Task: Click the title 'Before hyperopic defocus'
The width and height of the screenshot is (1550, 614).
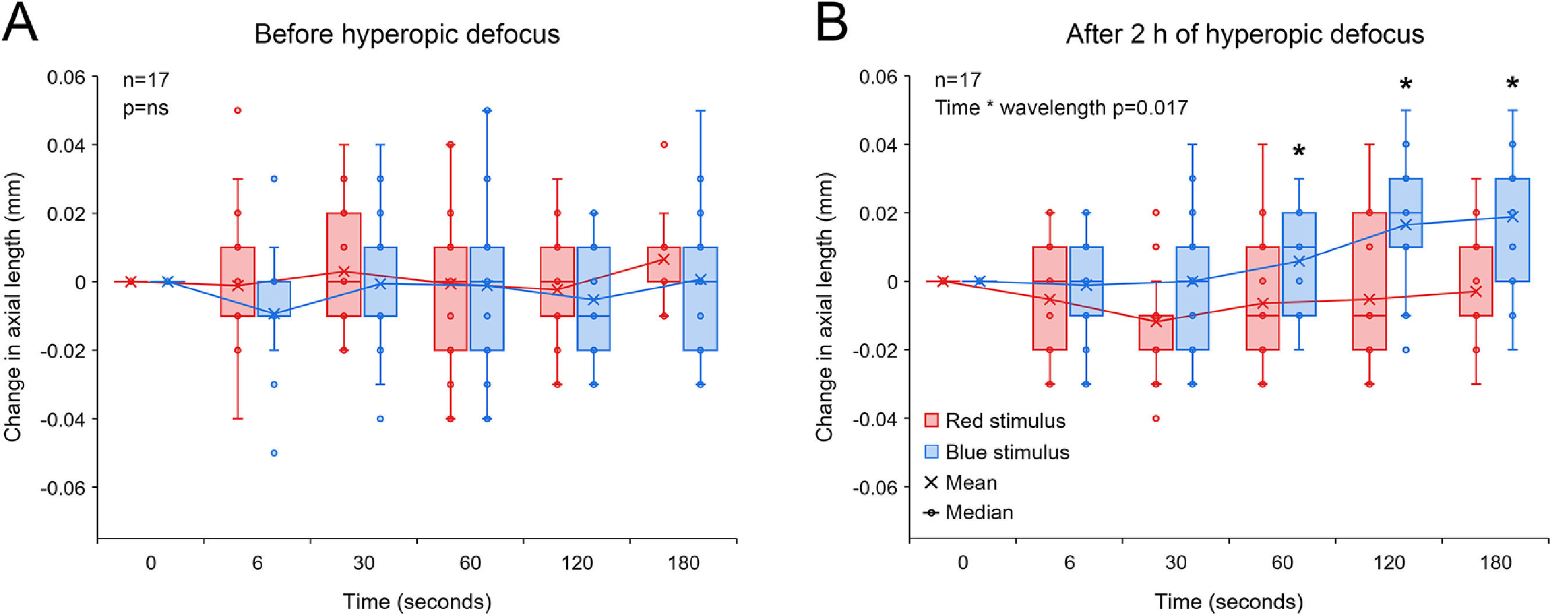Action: click(x=407, y=34)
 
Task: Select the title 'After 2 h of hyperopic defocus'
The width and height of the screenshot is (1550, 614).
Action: click(x=1244, y=34)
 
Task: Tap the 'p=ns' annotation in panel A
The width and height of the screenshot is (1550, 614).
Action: click(x=146, y=108)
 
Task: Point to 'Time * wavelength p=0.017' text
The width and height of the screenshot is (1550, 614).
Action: click(x=1061, y=108)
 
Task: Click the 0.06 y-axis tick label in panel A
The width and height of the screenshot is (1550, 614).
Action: click(x=66, y=78)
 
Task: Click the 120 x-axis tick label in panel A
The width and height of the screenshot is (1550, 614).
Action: click(x=577, y=563)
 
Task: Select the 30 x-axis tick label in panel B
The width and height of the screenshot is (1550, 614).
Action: click(x=1175, y=563)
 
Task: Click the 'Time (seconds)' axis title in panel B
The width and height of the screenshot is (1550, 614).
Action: click(x=1229, y=601)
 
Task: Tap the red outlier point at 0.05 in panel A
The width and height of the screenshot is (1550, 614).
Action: click(x=238, y=110)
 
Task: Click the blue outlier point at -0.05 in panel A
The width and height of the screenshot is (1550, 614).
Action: click(x=274, y=454)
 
